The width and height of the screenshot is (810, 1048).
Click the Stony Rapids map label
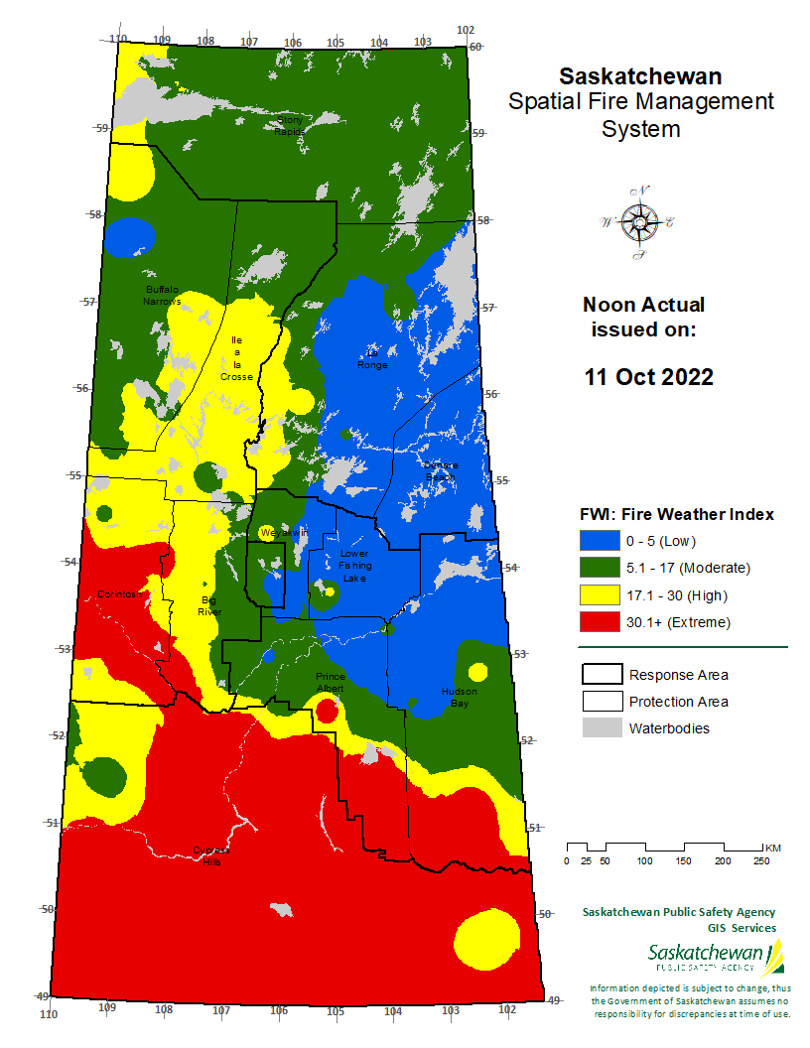coord(290,125)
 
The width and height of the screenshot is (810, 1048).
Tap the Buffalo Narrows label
coord(162,295)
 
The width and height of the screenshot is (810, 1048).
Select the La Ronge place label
coord(373,358)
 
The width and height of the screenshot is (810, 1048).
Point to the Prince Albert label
coord(331,682)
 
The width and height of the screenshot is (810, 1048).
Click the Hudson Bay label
coord(459,697)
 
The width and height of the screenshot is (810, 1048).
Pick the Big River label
coord(208,606)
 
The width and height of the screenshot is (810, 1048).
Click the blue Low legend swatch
coord(600,541)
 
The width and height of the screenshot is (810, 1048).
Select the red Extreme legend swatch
coord(600,622)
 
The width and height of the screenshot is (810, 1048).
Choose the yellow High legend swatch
coord(600,595)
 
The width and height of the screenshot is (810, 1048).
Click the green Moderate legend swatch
coord(600,568)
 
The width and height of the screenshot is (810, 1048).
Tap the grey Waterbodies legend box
coord(600,728)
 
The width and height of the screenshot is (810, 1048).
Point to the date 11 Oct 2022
coord(648,378)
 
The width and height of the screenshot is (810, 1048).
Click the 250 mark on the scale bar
coord(761,860)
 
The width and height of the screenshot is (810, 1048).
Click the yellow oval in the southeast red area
coord(485,938)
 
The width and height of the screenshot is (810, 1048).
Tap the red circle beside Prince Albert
coord(327,711)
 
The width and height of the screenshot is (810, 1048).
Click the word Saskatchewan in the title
coord(640,76)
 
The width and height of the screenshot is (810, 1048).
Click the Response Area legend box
coord(600,675)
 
